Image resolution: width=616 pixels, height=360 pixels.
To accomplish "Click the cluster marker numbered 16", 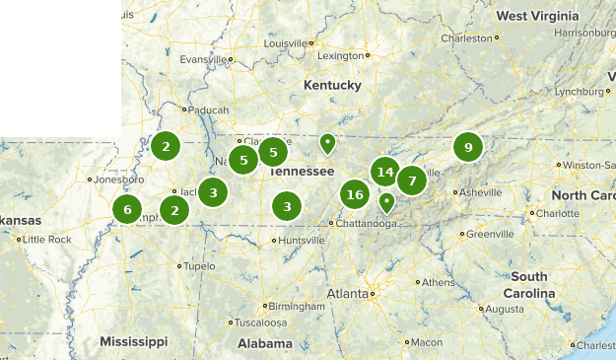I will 355,194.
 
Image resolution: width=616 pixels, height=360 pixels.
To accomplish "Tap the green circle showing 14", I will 385,173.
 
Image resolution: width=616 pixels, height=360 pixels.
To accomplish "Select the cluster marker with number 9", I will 467,147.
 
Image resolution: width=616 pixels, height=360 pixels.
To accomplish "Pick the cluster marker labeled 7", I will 411,180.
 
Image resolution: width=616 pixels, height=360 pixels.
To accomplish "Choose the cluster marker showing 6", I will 126,209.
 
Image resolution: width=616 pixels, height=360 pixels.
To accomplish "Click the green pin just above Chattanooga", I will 387,202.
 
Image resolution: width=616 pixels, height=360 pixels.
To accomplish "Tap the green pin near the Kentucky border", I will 327,144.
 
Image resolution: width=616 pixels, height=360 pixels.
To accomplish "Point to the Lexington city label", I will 341,55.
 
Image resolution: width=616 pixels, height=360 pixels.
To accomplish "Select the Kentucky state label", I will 332,86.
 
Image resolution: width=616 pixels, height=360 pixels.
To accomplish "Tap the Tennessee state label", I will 301,171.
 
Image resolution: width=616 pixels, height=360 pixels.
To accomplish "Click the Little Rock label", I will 47,240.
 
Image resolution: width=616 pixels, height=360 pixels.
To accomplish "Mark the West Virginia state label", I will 538,17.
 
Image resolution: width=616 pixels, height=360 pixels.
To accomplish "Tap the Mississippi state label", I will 133,341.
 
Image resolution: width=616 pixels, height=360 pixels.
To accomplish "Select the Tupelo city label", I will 199,265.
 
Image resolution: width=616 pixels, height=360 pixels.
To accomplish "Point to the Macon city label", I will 426,341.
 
